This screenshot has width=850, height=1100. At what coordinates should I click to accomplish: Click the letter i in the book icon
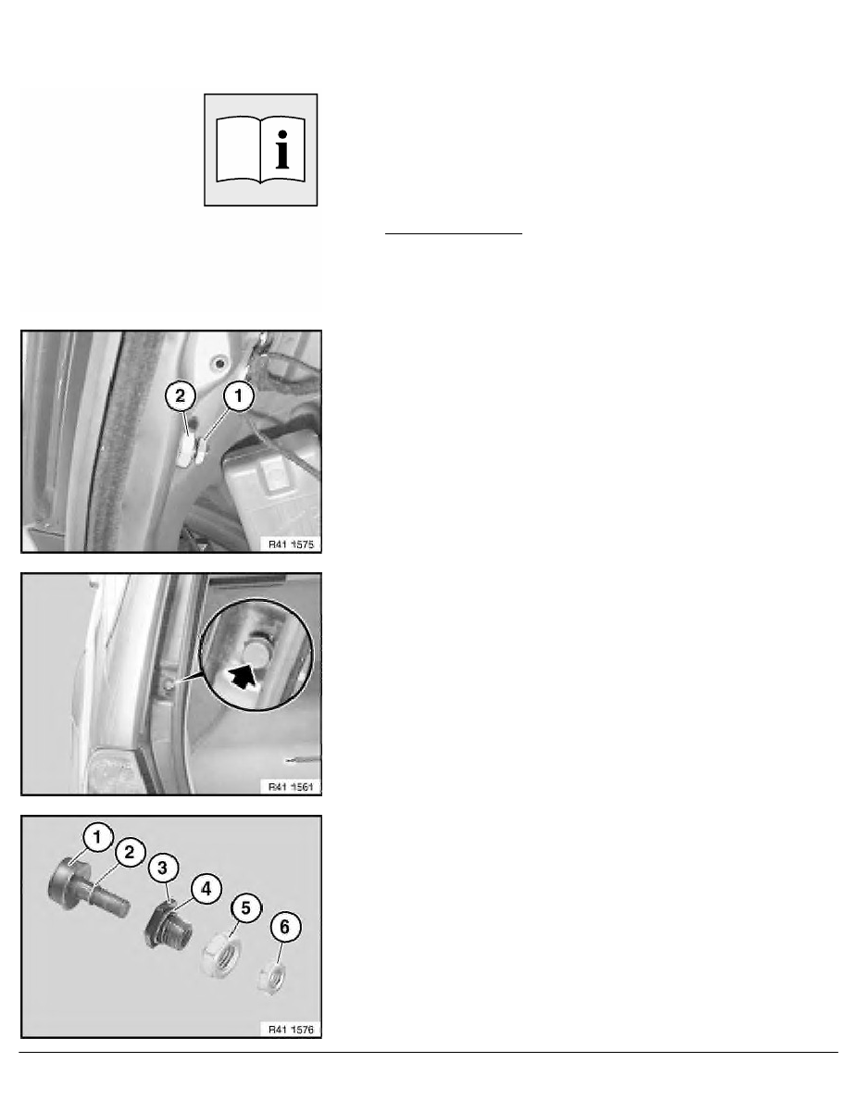click(x=281, y=149)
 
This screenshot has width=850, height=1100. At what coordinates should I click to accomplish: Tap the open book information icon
click(x=261, y=150)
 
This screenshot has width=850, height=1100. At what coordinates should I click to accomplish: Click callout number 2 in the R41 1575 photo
click(x=181, y=396)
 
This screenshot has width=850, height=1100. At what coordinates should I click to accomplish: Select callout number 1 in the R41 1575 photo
click(x=239, y=396)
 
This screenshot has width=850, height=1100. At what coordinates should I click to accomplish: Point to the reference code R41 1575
click(x=291, y=544)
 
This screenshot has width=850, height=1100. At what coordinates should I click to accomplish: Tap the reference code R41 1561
click(x=291, y=787)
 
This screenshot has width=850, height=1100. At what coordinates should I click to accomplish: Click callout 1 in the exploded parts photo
click(x=97, y=837)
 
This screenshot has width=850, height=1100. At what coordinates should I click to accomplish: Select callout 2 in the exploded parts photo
click(x=130, y=853)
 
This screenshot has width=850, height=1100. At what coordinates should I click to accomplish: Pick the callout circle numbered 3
click(x=163, y=868)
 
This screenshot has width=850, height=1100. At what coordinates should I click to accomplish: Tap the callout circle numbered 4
click(x=206, y=889)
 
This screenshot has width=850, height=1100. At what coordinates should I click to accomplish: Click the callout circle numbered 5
click(x=245, y=907)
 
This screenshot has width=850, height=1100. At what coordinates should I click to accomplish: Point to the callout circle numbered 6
click(x=285, y=927)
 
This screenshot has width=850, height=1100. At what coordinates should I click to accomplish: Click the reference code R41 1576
click(x=291, y=1030)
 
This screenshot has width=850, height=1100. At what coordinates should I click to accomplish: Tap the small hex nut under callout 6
click(x=270, y=977)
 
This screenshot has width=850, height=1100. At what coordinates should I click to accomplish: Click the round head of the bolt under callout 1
click(x=64, y=884)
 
